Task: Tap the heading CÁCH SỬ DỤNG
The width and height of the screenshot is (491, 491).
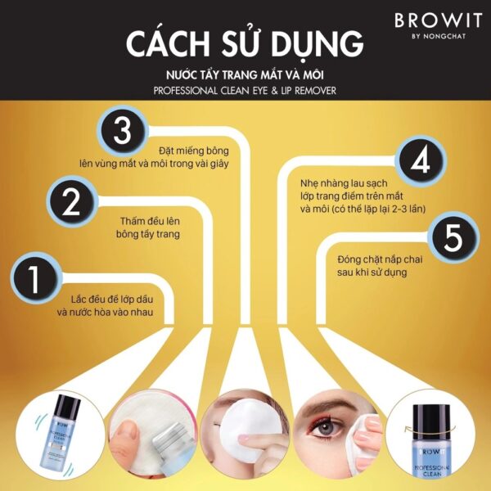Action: click(x=245, y=45)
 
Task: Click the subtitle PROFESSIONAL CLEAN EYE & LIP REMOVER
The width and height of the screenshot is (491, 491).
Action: click(x=245, y=90)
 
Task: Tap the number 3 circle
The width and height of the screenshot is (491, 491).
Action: click(x=122, y=131)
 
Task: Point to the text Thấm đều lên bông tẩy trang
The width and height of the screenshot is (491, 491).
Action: click(x=148, y=227)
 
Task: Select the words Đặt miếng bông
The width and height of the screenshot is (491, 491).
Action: click(x=193, y=151)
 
